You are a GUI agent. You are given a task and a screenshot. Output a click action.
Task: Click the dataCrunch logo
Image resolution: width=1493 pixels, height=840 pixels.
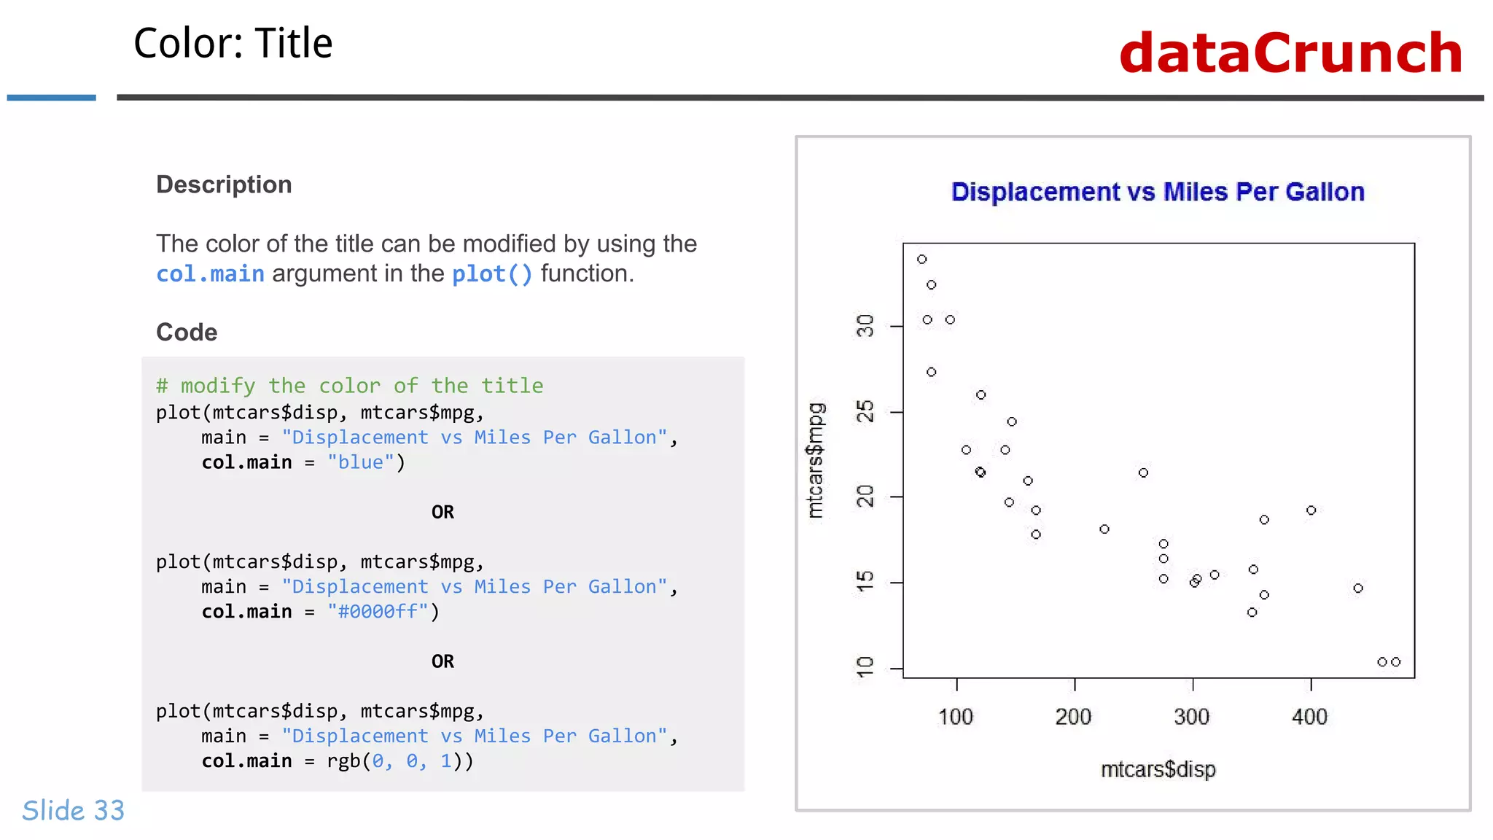(1290, 53)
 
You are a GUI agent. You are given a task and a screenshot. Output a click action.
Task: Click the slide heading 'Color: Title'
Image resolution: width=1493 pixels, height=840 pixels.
(233, 43)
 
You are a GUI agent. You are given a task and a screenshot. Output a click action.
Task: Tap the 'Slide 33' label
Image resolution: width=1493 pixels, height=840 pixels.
(73, 811)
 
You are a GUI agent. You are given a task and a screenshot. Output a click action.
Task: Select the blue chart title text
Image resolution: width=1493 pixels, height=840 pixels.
(1158, 192)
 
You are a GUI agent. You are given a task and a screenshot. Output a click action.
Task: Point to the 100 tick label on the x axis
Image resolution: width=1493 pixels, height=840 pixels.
(956, 717)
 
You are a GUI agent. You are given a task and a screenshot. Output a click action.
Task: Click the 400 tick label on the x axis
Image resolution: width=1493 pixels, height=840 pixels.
(1309, 717)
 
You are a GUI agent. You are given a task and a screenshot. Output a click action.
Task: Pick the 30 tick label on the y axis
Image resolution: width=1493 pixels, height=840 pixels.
(865, 326)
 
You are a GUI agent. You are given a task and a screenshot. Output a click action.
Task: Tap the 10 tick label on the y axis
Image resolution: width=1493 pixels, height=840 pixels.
(865, 667)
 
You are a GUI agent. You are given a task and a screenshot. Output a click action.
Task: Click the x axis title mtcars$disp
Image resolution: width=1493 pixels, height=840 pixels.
(1158, 769)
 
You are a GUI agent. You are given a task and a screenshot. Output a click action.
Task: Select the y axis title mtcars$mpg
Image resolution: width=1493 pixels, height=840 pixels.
(816, 460)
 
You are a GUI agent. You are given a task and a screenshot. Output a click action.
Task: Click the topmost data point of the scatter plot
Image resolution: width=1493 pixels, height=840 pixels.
(921, 260)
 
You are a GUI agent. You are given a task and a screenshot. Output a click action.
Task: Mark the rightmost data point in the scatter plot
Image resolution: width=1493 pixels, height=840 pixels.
(1395, 662)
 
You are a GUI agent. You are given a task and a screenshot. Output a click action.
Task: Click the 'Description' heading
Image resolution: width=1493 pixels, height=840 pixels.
(224, 184)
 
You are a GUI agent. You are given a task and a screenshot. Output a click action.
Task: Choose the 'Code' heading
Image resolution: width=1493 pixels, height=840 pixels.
(187, 332)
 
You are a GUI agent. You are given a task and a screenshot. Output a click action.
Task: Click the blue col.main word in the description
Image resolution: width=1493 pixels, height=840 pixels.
(210, 274)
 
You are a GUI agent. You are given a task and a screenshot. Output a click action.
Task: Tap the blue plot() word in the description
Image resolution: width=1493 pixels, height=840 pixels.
(492, 274)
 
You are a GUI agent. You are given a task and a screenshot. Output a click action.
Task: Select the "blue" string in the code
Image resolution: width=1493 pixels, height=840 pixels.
(360, 462)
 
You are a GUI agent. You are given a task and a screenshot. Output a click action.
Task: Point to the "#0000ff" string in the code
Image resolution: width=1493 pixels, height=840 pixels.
(378, 612)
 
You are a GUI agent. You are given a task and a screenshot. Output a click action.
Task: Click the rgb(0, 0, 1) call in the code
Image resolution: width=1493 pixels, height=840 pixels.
(399, 761)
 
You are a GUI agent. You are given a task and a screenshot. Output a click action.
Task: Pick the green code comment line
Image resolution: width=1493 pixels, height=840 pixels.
(349, 386)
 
